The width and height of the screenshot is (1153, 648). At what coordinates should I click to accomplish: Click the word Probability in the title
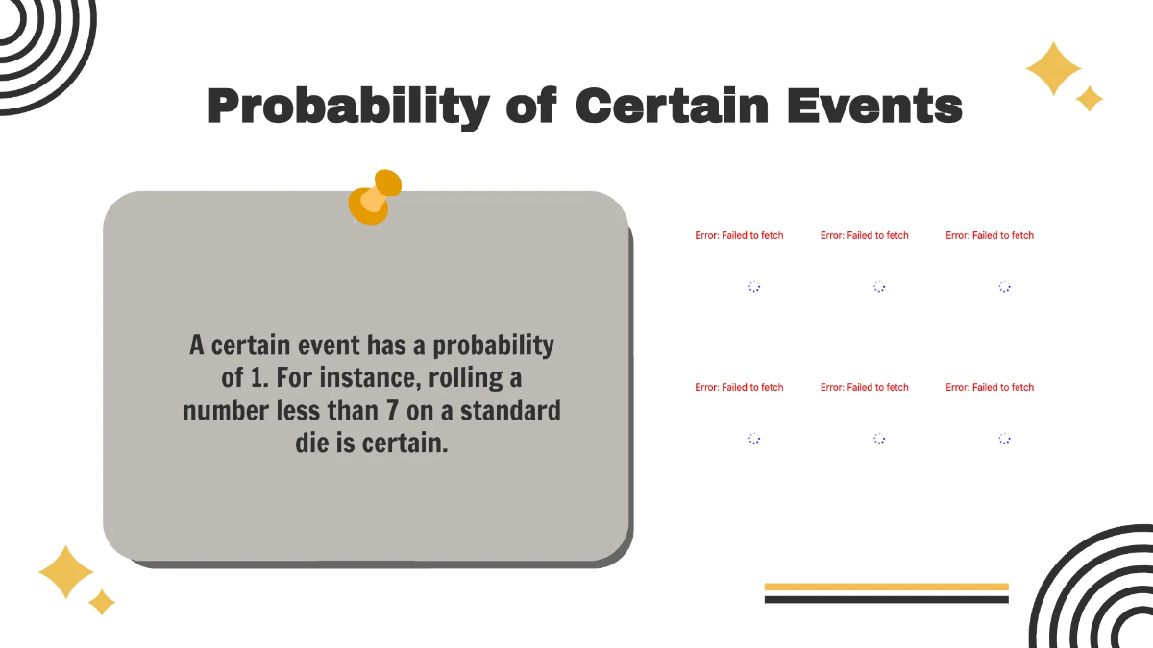(348, 106)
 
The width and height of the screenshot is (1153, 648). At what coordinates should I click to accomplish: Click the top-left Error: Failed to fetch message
(739, 235)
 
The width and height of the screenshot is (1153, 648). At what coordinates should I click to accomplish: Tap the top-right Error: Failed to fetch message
(990, 235)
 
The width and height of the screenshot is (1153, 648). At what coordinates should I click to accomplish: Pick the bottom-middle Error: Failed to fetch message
(864, 387)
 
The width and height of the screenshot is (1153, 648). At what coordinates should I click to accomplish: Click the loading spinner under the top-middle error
(879, 286)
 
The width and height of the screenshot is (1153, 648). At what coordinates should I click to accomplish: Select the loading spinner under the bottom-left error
(754, 438)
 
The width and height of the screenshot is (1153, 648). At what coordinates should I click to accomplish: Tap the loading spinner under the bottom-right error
(1004, 438)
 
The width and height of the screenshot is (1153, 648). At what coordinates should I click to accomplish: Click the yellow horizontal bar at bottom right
(886, 586)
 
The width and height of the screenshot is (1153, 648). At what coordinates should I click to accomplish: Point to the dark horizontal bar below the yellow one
(886, 599)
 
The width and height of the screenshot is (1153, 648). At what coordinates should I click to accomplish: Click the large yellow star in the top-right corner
(1053, 68)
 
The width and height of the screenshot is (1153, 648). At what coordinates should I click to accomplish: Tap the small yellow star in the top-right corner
(1089, 98)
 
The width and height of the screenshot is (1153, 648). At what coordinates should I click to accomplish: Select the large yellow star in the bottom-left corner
(66, 573)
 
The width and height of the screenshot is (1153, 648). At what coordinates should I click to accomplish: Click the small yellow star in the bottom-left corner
(102, 602)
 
